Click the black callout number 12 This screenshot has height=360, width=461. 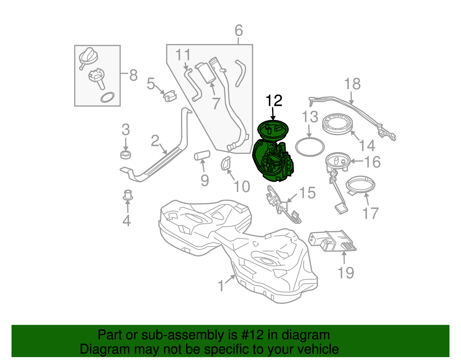click(x=274, y=101)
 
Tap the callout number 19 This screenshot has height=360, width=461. click(x=345, y=273)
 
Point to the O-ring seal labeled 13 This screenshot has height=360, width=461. click(x=310, y=147)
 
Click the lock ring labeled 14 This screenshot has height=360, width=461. click(x=338, y=124)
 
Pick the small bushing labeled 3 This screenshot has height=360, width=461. click(x=125, y=154)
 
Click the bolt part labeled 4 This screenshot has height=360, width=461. click(x=128, y=195)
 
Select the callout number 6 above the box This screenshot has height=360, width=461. click(x=239, y=31)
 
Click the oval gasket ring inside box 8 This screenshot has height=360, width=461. click(x=107, y=97)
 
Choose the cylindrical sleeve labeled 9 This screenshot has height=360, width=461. click(x=202, y=155)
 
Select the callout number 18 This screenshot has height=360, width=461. click(x=352, y=84)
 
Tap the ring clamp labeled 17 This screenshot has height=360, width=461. click(x=360, y=184)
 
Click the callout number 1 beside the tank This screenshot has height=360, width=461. click(x=221, y=286)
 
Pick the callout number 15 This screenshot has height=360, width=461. click(x=307, y=193)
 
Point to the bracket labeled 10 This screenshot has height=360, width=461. click(x=226, y=163)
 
